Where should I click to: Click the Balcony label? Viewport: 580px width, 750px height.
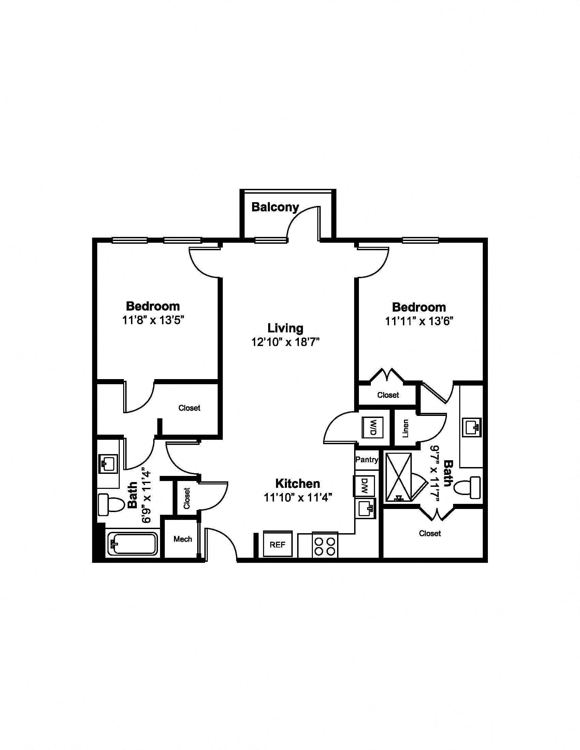click(x=275, y=207)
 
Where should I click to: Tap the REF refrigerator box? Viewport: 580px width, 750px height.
click(x=278, y=544)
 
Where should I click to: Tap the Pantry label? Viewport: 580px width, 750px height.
click(x=367, y=460)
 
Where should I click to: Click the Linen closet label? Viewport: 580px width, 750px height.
click(x=406, y=428)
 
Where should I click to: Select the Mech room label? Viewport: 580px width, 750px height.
click(x=183, y=539)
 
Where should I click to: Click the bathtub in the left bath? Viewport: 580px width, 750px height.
click(x=133, y=543)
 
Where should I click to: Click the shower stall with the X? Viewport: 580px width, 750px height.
click(x=398, y=477)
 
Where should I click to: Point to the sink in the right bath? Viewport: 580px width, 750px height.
click(x=472, y=427)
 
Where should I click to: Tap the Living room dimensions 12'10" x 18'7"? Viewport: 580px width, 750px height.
click(x=286, y=342)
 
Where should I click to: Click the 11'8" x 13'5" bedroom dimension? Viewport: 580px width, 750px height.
click(x=153, y=320)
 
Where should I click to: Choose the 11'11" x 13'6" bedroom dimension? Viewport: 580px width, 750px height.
click(x=419, y=321)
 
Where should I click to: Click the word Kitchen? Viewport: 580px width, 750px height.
click(x=298, y=483)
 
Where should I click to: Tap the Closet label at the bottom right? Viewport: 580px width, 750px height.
click(x=430, y=533)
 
